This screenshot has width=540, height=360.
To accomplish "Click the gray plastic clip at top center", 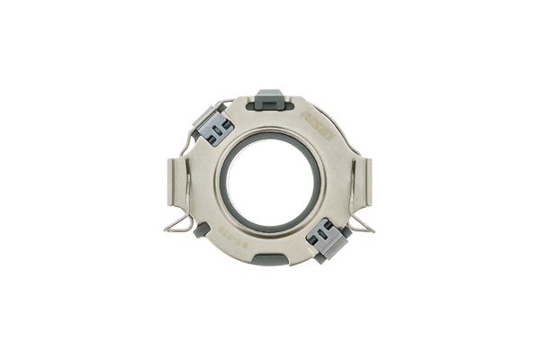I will point(269,98).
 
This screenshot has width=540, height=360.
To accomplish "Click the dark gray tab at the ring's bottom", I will point(269,259).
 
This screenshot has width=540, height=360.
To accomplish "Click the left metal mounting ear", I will point(178,184).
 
